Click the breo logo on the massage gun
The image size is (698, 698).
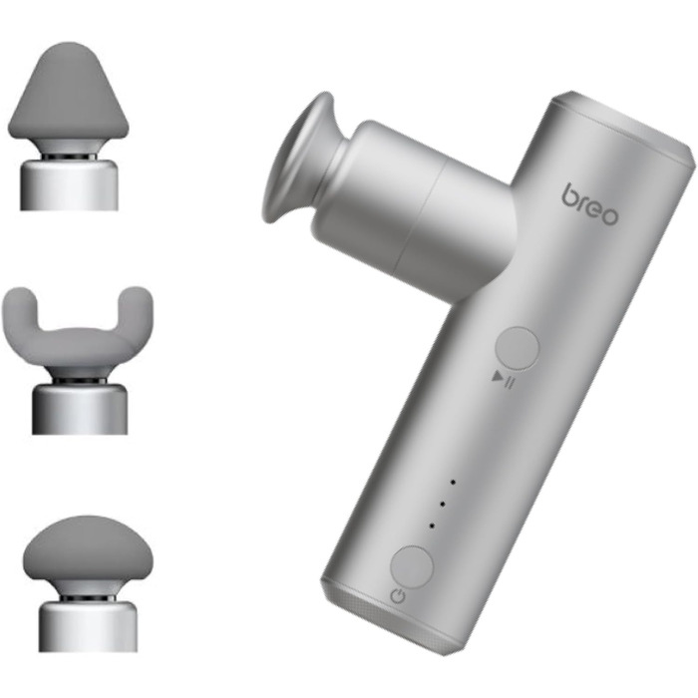click(590, 204)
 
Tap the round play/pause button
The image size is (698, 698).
click(517, 349)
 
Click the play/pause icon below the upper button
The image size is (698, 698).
click(504, 381)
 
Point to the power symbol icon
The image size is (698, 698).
click(398, 596)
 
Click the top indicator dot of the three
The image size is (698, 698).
click(453, 482)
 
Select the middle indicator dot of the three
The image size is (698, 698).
click(442, 504)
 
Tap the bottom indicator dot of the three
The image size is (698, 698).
click(432, 525)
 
